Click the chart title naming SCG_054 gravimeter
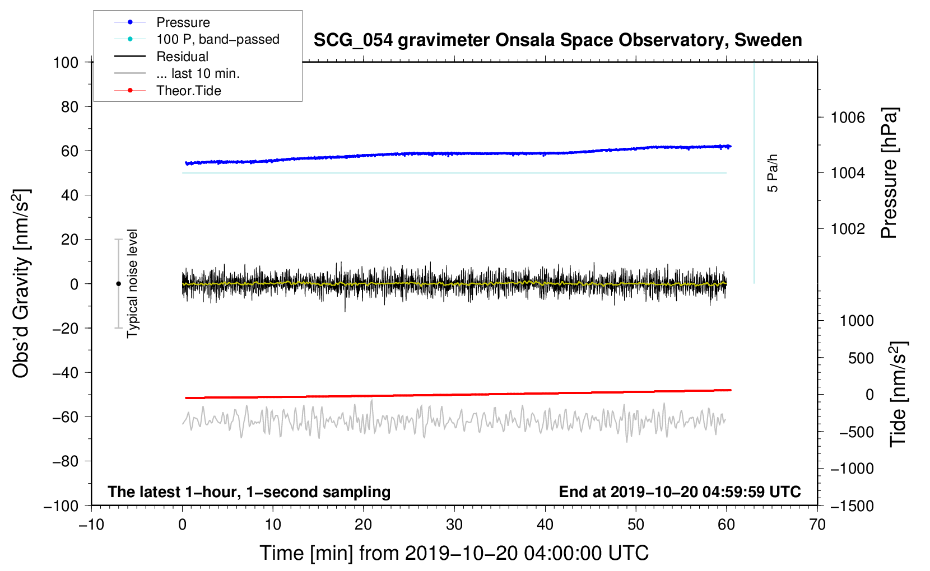(557, 40)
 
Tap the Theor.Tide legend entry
(188, 91)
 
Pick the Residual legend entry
(182, 57)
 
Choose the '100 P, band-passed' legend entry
(217, 40)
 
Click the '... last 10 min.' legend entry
(198, 74)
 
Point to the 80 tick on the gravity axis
(69, 106)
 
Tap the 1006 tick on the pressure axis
(848, 118)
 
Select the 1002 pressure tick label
(848, 229)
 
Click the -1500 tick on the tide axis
(852, 506)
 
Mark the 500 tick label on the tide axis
(861, 358)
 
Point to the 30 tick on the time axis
(454, 525)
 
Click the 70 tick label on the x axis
(817, 525)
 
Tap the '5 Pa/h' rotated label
(773, 173)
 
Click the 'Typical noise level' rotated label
(132, 283)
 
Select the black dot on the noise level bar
(118, 284)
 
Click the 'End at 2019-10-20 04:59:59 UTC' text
(680, 492)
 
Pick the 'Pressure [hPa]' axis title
(889, 173)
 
